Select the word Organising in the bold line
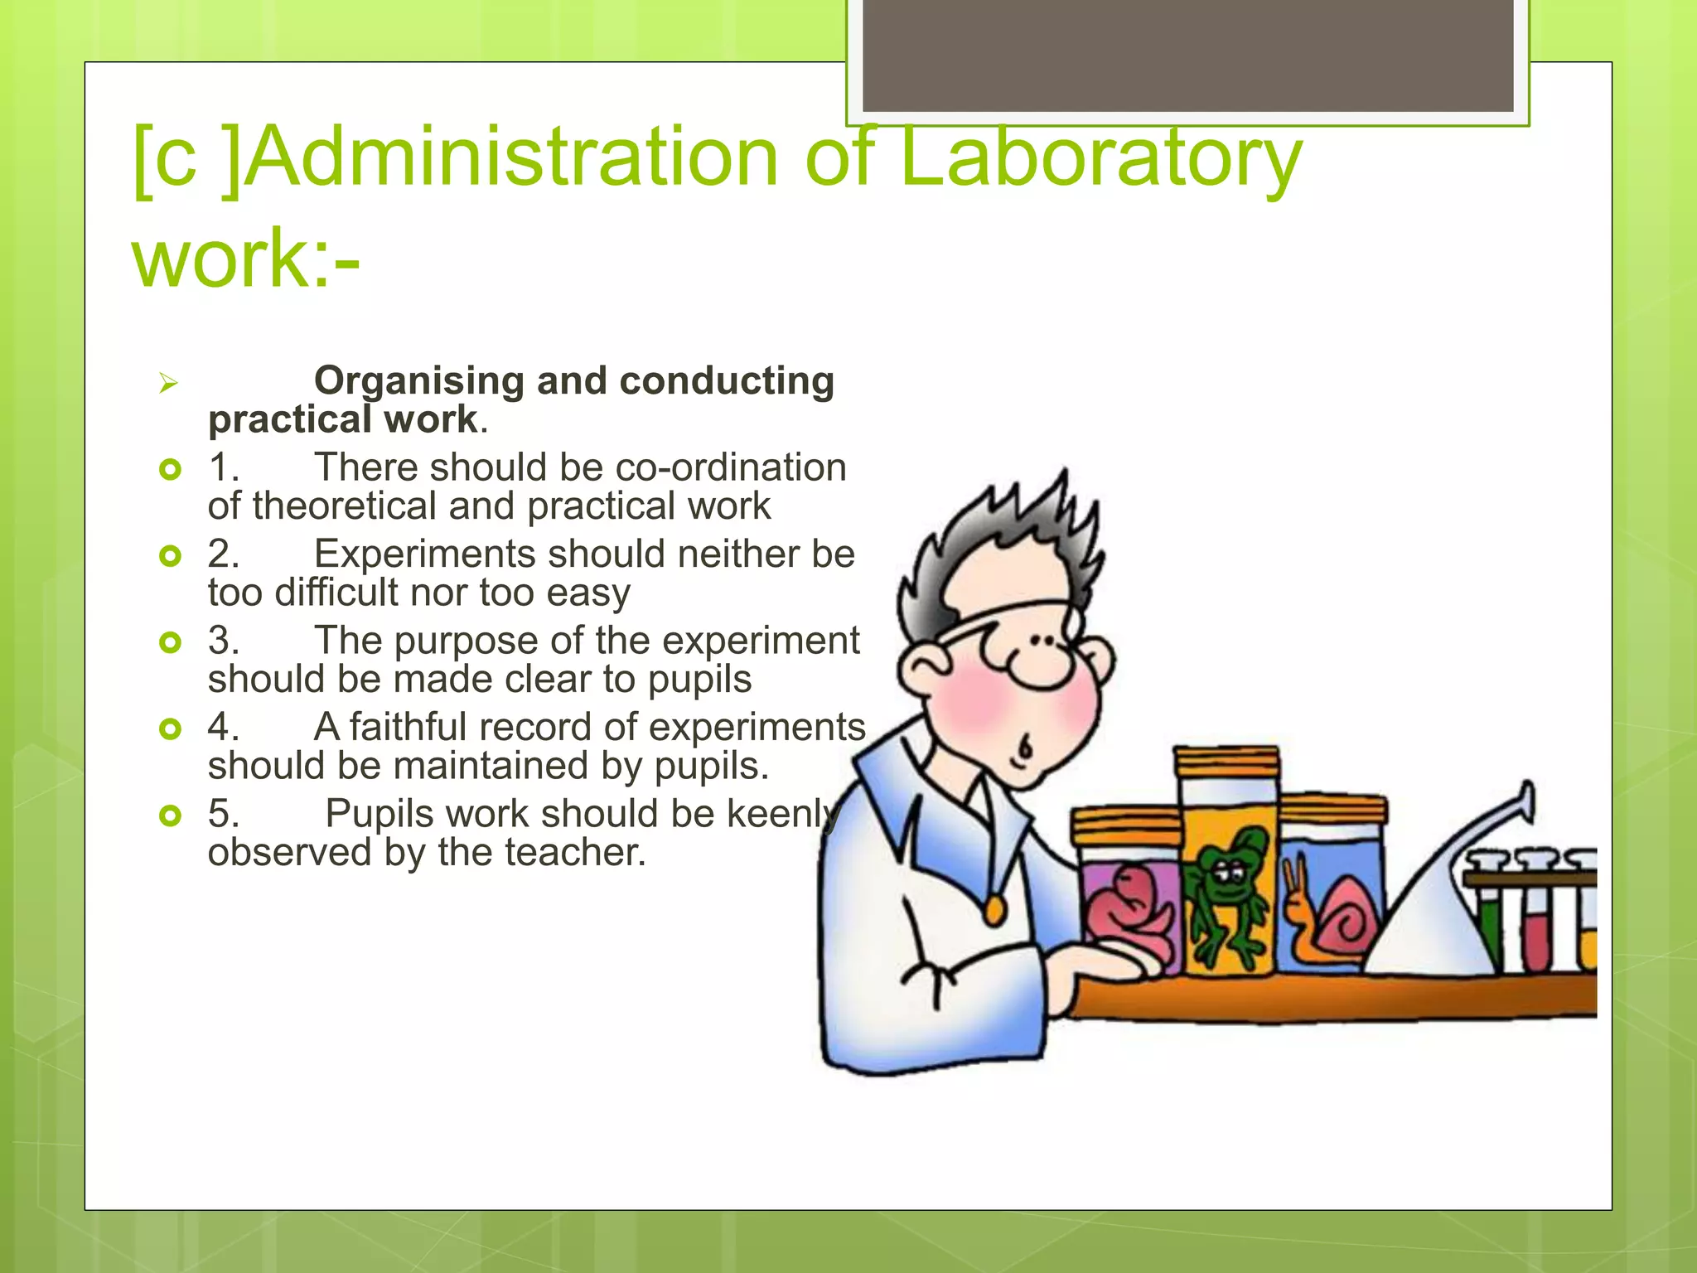pyautogui.click(x=418, y=381)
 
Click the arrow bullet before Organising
pyautogui.click(x=169, y=384)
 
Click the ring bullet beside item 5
pyautogui.click(x=170, y=816)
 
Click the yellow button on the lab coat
pyautogui.click(x=994, y=912)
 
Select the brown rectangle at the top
pyautogui.click(x=1187, y=54)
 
